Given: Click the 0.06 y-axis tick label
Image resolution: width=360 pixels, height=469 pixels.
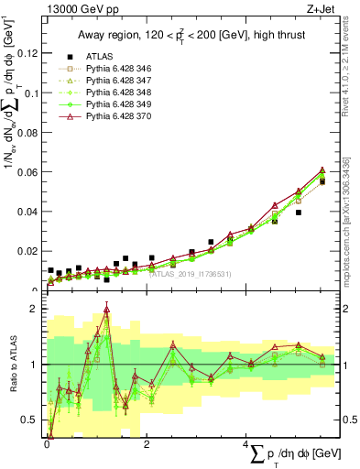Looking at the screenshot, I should pyautogui.click(x=27, y=172).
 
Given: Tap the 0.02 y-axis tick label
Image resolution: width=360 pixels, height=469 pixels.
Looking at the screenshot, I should pyautogui.click(x=27, y=251).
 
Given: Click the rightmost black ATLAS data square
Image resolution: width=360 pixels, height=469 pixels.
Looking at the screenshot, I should pyautogui.click(x=322, y=181).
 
